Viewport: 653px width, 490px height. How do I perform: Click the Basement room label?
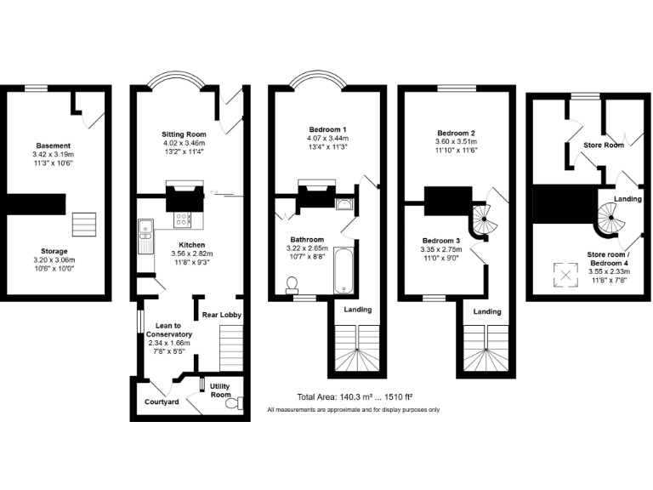pyautogui.click(x=53, y=145)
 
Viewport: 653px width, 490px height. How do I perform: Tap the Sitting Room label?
pyautogui.click(x=185, y=134)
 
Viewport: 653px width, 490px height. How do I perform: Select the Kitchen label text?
pyautogui.click(x=191, y=245)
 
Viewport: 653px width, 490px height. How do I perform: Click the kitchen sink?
pyautogui.click(x=145, y=227)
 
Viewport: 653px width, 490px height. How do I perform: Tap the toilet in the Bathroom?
pyautogui.click(x=293, y=283)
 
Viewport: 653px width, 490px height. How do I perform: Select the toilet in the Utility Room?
pyautogui.click(x=232, y=405)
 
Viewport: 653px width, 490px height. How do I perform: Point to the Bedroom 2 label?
pyautogui.click(x=456, y=134)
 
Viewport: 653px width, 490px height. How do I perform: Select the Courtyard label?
pyautogui.click(x=162, y=402)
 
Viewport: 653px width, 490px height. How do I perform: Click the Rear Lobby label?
pyautogui.click(x=222, y=316)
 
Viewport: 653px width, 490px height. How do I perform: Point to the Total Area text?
pyautogui.click(x=354, y=396)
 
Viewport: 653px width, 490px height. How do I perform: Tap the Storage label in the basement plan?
pyautogui.click(x=53, y=252)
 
